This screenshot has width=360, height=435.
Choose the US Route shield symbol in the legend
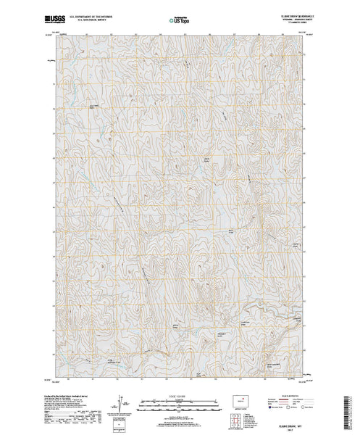click(x=289, y=407)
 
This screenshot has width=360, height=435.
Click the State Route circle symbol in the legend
click(x=303, y=407)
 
